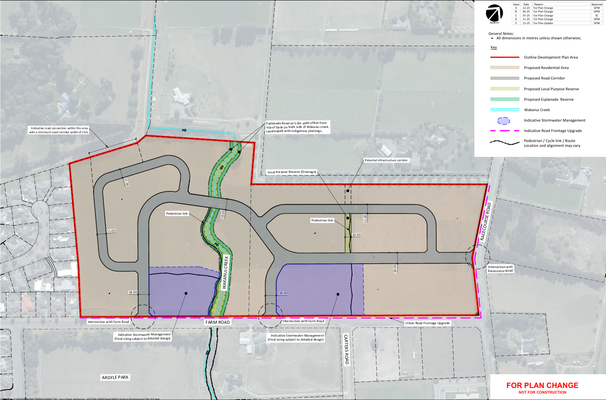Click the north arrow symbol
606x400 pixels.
tap(494, 13)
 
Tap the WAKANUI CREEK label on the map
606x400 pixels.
tap(225, 272)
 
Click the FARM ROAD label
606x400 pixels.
tap(218, 322)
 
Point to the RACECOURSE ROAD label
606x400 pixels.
tap(486, 221)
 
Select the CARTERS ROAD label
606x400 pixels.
tap(346, 349)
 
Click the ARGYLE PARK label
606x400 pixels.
tap(115, 378)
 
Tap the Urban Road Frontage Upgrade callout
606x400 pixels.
tap(427, 323)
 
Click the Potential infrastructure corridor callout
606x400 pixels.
tap(386, 160)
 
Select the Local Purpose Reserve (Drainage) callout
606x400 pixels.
tap(292, 172)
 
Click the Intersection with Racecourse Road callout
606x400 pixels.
tap(500, 269)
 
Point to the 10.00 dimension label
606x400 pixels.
tap(356, 235)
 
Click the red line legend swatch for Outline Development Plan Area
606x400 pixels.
tap(505, 57)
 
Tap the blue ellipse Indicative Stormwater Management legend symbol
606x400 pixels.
tap(504, 121)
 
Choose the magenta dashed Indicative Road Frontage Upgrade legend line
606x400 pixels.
tap(505, 131)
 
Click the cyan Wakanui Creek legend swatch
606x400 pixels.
tap(505, 110)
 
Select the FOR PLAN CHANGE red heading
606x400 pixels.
tap(542, 385)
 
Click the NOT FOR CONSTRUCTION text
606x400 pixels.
tap(542, 392)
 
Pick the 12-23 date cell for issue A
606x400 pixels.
tap(526, 8)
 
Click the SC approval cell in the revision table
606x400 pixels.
tap(597, 15)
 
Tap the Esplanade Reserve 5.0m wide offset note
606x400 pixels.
tap(297, 127)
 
